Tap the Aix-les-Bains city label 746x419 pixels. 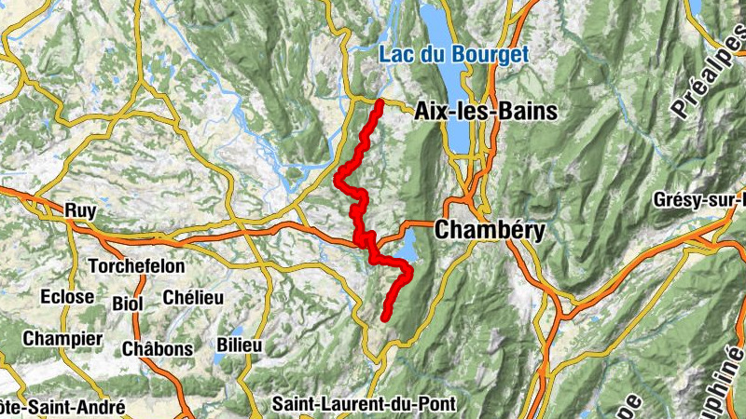pyautogui.click(x=485, y=112)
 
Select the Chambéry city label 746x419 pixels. pyautogui.click(x=490, y=229)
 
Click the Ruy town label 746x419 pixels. pyautogui.click(x=81, y=211)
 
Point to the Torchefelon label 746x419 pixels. pyautogui.click(x=136, y=266)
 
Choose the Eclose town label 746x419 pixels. pyautogui.click(x=67, y=296)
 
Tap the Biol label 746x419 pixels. pyautogui.click(x=128, y=304)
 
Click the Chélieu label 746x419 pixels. pyautogui.click(x=193, y=296)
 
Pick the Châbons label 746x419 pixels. pyautogui.click(x=158, y=349)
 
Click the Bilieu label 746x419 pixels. pyautogui.click(x=239, y=345)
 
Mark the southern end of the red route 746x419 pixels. pyautogui.click(x=384, y=318)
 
